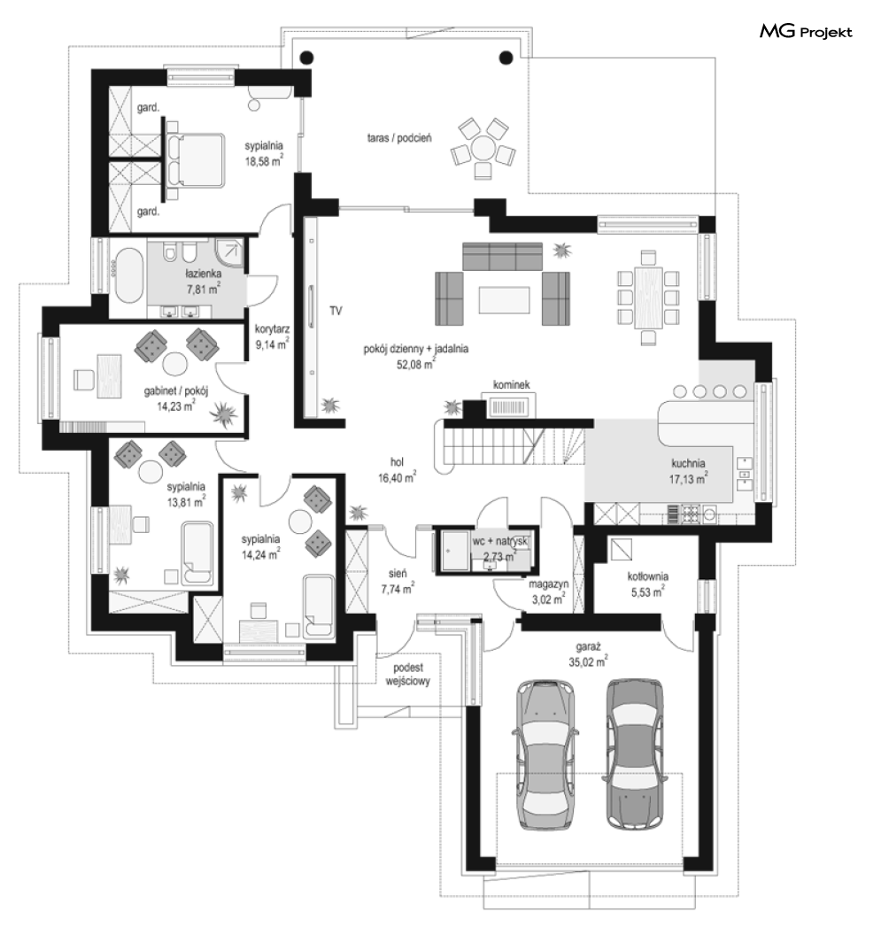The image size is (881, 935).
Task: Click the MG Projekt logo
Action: click(806, 32)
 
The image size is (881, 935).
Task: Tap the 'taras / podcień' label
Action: click(399, 138)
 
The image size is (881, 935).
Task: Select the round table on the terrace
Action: click(483, 147)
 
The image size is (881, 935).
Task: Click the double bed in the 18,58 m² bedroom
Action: click(195, 160)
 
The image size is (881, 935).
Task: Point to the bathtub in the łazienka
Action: click(128, 274)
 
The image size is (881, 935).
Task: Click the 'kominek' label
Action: click(511, 384)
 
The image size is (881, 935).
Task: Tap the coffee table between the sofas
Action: click(504, 299)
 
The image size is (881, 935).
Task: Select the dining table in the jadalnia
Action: click(648, 298)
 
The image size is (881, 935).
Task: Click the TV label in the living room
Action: click(336, 311)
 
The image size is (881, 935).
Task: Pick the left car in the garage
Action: click(545, 754)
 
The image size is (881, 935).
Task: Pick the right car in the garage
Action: click(634, 753)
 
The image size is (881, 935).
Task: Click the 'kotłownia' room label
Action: click(648, 576)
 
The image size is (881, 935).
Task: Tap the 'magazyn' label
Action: click(549, 584)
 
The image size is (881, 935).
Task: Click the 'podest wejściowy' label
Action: click(408, 675)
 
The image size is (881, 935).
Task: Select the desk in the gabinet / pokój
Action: click(110, 375)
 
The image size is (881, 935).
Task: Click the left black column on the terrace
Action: click(306, 58)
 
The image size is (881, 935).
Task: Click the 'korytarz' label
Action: click(272, 329)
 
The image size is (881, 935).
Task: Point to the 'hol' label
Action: click(397, 461)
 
